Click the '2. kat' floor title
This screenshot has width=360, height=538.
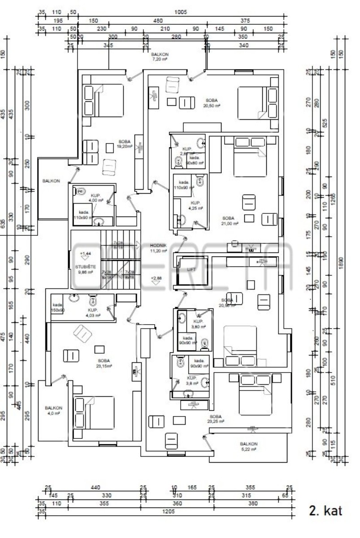(325, 511)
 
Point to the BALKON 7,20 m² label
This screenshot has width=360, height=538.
(159, 56)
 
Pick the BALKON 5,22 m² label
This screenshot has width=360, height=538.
(248, 447)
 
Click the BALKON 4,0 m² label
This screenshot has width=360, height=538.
(53, 411)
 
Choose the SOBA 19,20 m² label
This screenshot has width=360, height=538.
(125, 143)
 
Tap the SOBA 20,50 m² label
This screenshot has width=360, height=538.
(212, 103)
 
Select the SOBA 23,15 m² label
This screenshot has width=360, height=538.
(104, 363)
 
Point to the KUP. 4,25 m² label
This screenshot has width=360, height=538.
(196, 205)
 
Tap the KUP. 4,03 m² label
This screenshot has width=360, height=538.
(93, 312)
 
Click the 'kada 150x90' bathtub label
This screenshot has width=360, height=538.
(57, 307)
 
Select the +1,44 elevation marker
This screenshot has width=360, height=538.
(84, 255)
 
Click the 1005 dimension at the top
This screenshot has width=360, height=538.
(182, 13)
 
